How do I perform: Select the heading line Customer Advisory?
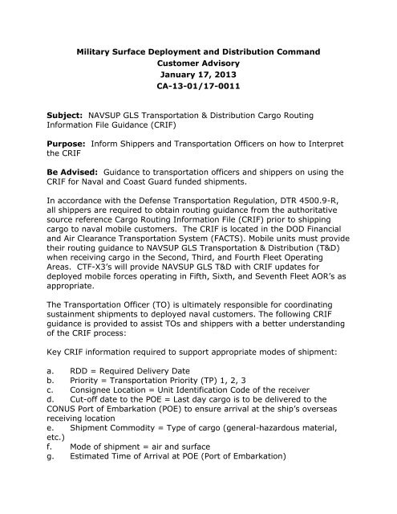tap(198, 68)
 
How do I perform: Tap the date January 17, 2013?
tap(198, 84)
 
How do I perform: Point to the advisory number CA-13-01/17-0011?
tap(198, 99)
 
